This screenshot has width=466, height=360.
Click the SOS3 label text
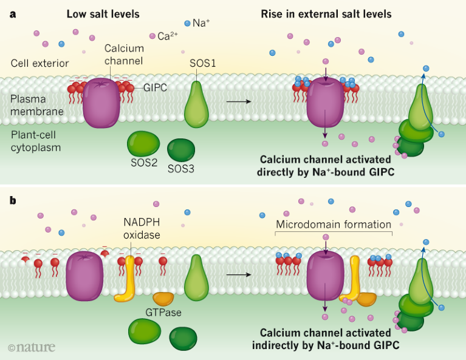coord(181,168)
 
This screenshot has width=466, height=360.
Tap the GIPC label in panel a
coord(156,87)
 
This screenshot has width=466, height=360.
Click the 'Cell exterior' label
coord(39,63)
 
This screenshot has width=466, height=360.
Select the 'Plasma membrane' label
coord(35,104)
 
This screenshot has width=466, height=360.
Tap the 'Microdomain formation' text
coord(334,225)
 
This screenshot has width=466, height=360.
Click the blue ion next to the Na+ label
coord(187,23)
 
